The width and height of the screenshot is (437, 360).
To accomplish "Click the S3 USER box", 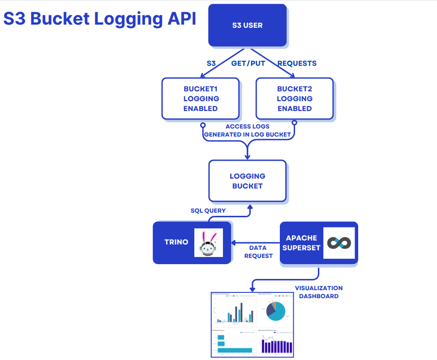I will point(247,25).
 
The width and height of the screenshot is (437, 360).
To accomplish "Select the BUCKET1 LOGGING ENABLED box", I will point(201,99).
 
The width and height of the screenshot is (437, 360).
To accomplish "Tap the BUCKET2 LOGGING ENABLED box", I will point(294,99).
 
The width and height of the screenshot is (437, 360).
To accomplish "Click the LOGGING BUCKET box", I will point(247,181).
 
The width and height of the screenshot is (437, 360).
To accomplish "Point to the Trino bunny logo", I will point(209,243).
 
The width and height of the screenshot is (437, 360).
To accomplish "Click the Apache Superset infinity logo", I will point(339,243).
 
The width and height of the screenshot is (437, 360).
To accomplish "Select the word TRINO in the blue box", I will point(176,242).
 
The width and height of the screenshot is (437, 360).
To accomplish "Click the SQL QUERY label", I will point(208,210).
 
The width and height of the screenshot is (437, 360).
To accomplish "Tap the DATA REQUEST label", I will point(258,252).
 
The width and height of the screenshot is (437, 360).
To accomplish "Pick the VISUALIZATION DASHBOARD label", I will point(319,292).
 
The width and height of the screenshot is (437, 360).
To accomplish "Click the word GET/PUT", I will point(248,64).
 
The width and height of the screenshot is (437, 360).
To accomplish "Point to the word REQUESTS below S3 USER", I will point(297,64).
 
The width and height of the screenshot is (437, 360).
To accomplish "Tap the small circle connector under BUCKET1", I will point(203,125).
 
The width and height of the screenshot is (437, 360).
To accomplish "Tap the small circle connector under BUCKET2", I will point(294,122).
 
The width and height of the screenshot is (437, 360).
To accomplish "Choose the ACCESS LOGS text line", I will point(248,127).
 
